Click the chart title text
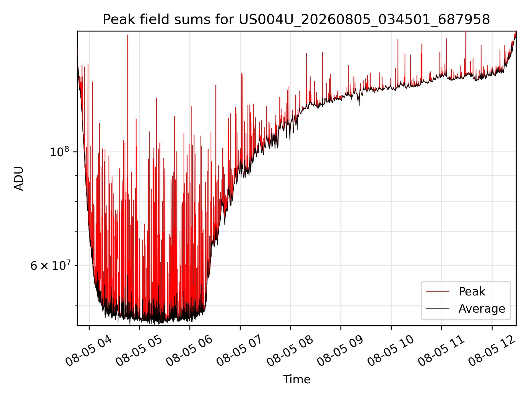coord(296,20)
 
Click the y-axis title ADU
coord(19,179)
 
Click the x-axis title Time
coord(296,379)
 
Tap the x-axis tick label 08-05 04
coord(88,350)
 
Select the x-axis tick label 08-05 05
coord(139,350)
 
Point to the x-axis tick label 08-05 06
coord(189,350)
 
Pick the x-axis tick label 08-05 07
coord(240,350)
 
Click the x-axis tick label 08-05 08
coord(290,350)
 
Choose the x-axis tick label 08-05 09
coord(340,350)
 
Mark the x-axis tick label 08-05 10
coord(391,350)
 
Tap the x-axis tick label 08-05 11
coord(441,350)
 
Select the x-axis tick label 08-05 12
coord(491,350)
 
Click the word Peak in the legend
coord(472,292)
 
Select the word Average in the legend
coord(482,309)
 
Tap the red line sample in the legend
coord(438,292)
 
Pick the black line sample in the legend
coord(438,309)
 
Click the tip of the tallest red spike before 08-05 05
coord(127,35)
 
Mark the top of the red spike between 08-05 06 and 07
coord(216,85)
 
